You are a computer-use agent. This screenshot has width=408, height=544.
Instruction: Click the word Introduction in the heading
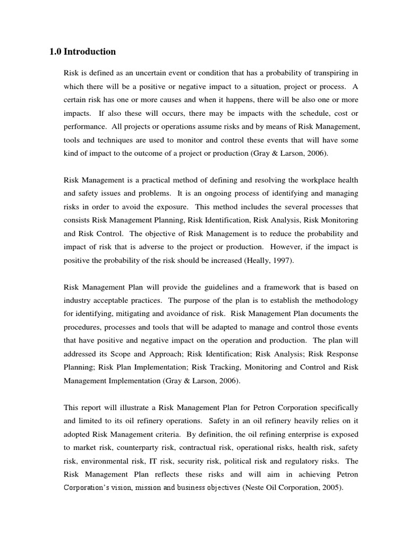coord(89,52)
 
